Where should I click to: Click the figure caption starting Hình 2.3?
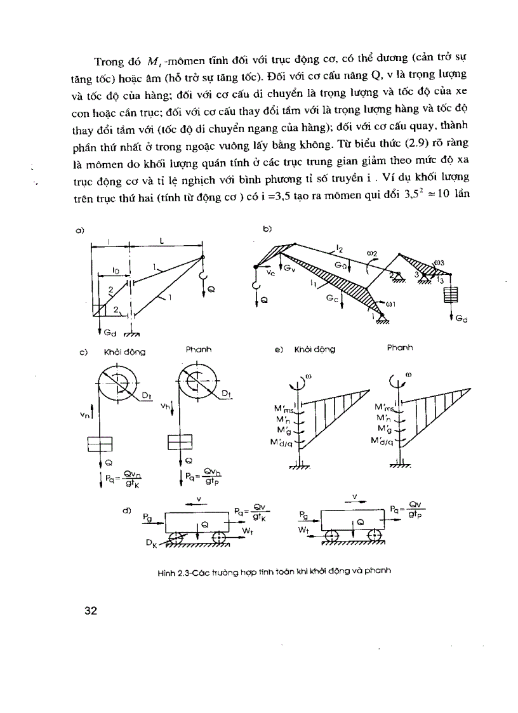click(272, 570)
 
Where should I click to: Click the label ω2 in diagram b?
click(371, 254)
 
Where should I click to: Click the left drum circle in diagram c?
click(117, 383)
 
